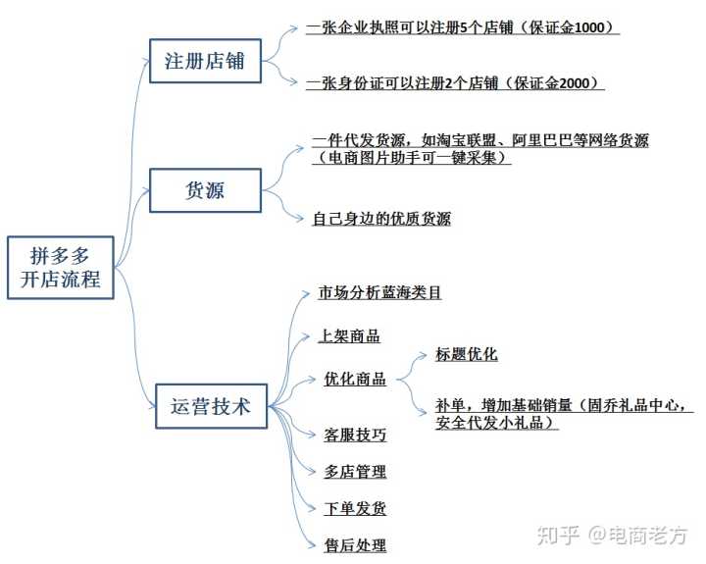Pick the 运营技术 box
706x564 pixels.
[x=211, y=405]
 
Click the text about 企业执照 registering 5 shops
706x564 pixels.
[x=461, y=28]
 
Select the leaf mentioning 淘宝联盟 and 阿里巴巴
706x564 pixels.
[x=479, y=148]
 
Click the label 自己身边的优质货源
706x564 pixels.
[x=381, y=219]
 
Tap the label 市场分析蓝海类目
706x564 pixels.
[x=380, y=292]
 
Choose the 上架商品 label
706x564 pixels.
[x=349, y=335]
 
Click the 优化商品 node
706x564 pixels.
[x=355, y=380]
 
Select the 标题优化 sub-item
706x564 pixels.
[x=467, y=355]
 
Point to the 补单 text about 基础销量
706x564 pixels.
[x=565, y=414]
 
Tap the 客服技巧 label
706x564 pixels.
[x=355, y=434]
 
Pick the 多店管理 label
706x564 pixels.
[x=355, y=472]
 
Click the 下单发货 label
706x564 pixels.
[x=355, y=509]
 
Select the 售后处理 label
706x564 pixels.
[x=355, y=545]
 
